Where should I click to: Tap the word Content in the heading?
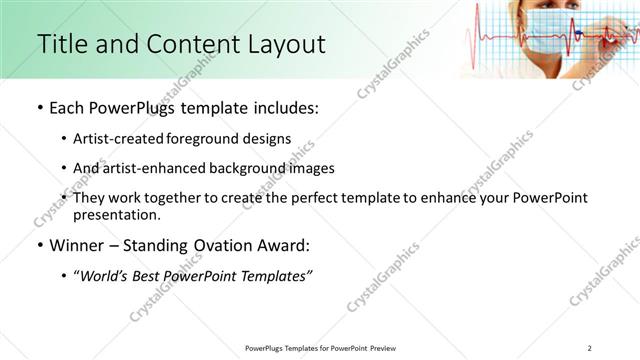[x=185, y=44]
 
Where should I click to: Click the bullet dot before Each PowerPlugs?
[x=38, y=108]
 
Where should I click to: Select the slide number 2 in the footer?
[x=590, y=348]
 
